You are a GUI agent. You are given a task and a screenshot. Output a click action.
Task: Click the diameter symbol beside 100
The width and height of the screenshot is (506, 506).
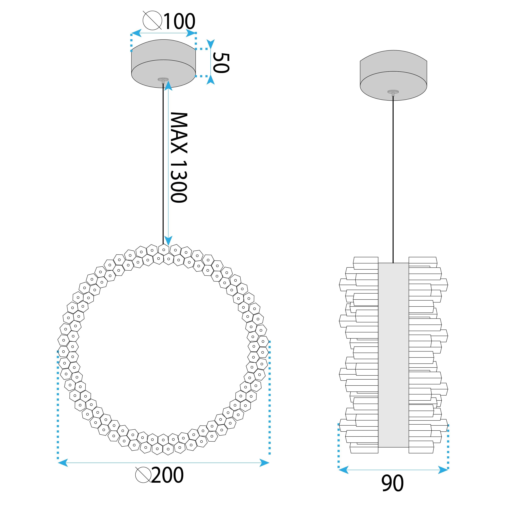tap(152, 20)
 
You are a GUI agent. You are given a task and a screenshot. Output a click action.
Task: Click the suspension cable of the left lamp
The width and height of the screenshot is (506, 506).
tap(163, 162)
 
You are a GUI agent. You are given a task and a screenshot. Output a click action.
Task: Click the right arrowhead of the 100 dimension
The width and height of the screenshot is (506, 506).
tap(191, 33)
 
